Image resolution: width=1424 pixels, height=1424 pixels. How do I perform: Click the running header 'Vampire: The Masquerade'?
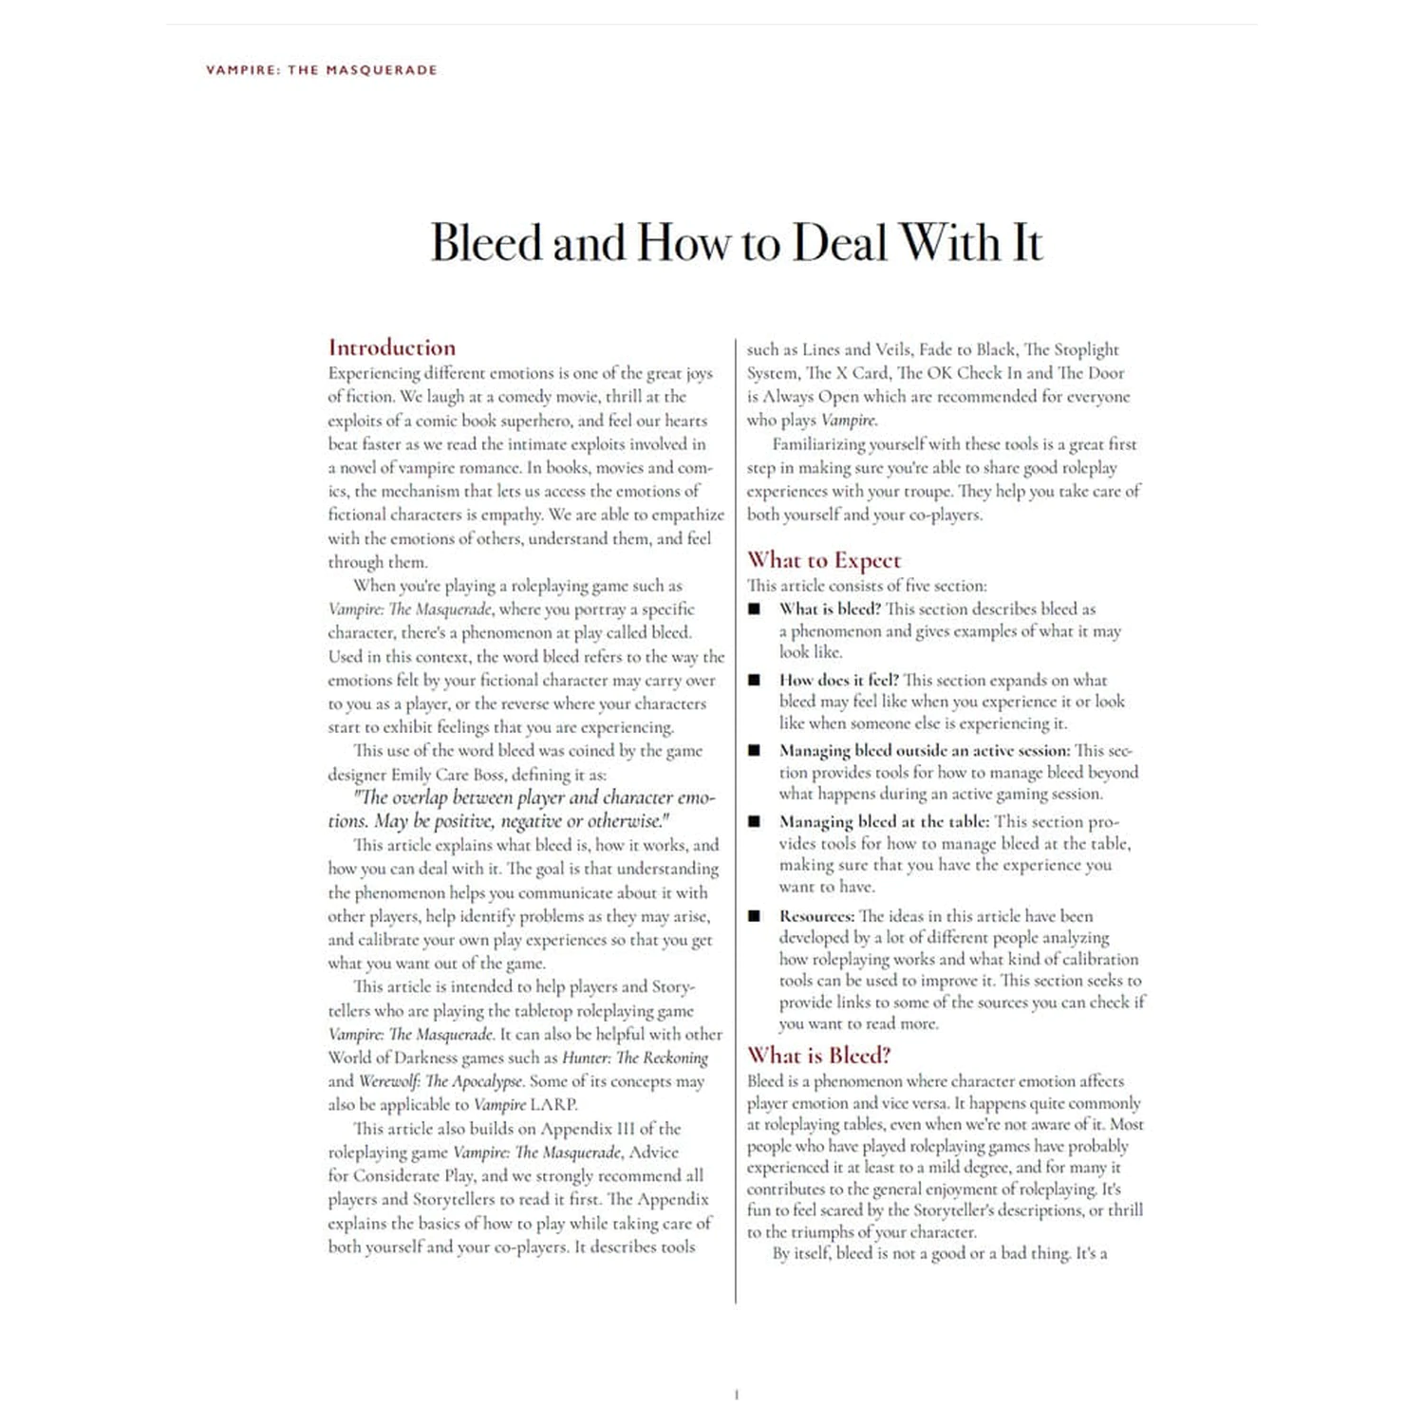pyautogui.click(x=321, y=69)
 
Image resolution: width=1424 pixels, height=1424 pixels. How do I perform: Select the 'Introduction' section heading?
pyautogui.click(x=392, y=347)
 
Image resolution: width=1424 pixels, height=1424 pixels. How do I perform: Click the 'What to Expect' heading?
pyautogui.click(x=823, y=560)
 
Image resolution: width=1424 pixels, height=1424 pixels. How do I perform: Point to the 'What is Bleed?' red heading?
pyautogui.click(x=818, y=1055)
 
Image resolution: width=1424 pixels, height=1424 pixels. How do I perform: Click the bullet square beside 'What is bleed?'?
pyautogui.click(x=755, y=609)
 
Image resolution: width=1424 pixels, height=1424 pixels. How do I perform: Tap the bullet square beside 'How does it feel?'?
pyautogui.click(x=755, y=680)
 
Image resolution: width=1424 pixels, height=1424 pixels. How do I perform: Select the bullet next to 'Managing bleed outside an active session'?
pyautogui.click(x=755, y=750)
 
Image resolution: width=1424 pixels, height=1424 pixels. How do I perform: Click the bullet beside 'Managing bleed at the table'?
pyautogui.click(x=755, y=821)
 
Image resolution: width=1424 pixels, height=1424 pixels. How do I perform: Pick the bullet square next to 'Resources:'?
pyautogui.click(x=755, y=916)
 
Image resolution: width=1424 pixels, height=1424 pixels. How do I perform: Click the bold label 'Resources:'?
pyautogui.click(x=816, y=916)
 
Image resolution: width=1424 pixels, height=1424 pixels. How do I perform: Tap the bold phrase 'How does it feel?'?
pyautogui.click(x=838, y=680)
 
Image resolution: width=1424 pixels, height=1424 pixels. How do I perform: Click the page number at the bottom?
pyautogui.click(x=736, y=1395)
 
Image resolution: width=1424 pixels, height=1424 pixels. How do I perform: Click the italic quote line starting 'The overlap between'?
pyautogui.click(x=534, y=797)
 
